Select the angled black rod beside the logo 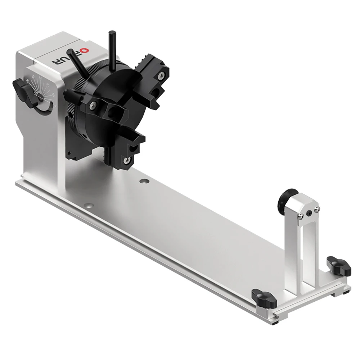point(77,59)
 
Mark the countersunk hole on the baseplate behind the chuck point(144,181)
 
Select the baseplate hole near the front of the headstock point(89,206)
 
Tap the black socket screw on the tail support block point(309,213)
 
